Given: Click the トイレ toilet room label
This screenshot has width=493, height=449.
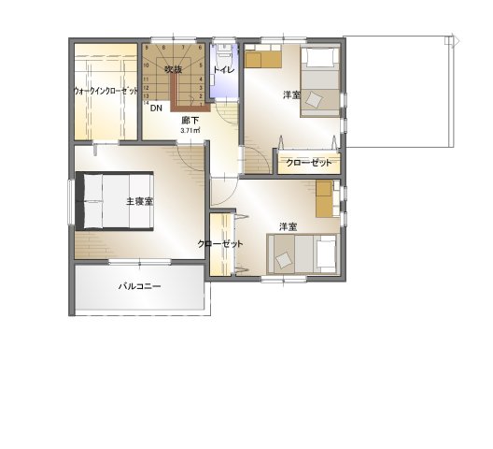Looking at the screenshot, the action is coord(224,69).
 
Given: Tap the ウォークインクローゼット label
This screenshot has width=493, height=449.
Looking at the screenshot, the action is coord(106,91).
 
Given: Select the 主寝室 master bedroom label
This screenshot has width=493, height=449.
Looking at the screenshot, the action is coord(139,201).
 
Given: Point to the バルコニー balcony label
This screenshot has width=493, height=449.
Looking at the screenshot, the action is coord(140,286).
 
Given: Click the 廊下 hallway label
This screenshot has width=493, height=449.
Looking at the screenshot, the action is coord(190,121).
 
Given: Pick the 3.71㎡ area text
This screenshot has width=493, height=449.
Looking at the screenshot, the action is coord(190,130).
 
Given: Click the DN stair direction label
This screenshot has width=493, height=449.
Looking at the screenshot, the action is coord(156,109).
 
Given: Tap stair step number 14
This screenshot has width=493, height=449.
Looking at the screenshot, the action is coord(147,103).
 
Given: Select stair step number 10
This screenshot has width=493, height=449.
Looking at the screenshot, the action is coord(147,65).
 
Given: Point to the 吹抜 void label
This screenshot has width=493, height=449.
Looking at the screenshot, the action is coord(174,69).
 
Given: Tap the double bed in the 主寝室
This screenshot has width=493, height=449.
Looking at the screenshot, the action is coord(114,201).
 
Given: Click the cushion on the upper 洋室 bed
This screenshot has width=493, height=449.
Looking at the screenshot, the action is coord(315,100).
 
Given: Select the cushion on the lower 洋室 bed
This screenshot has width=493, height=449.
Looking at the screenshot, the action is coord(285,260).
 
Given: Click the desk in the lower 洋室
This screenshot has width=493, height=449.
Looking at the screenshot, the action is coord(324,198).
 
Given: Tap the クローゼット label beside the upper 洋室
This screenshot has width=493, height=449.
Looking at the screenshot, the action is coord(309,163).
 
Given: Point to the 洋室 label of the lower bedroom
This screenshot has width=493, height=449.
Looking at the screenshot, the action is coord(289,226).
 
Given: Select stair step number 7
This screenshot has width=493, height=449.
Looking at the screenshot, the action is coord(183,48).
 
